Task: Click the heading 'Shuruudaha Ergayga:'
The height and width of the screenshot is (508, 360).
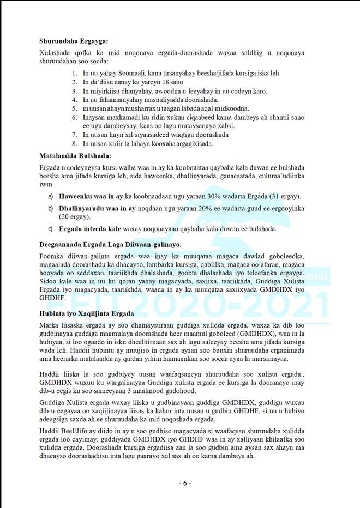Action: (x=74, y=40)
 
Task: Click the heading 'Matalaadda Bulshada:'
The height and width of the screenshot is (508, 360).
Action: (x=75, y=155)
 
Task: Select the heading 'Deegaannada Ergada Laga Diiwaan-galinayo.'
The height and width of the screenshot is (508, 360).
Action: (x=110, y=244)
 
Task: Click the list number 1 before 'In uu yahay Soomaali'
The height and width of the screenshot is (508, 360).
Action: (x=75, y=73)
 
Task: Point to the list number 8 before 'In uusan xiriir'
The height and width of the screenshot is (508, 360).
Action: (x=75, y=143)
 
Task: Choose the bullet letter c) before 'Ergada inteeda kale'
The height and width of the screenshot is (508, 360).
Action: (x=51, y=229)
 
